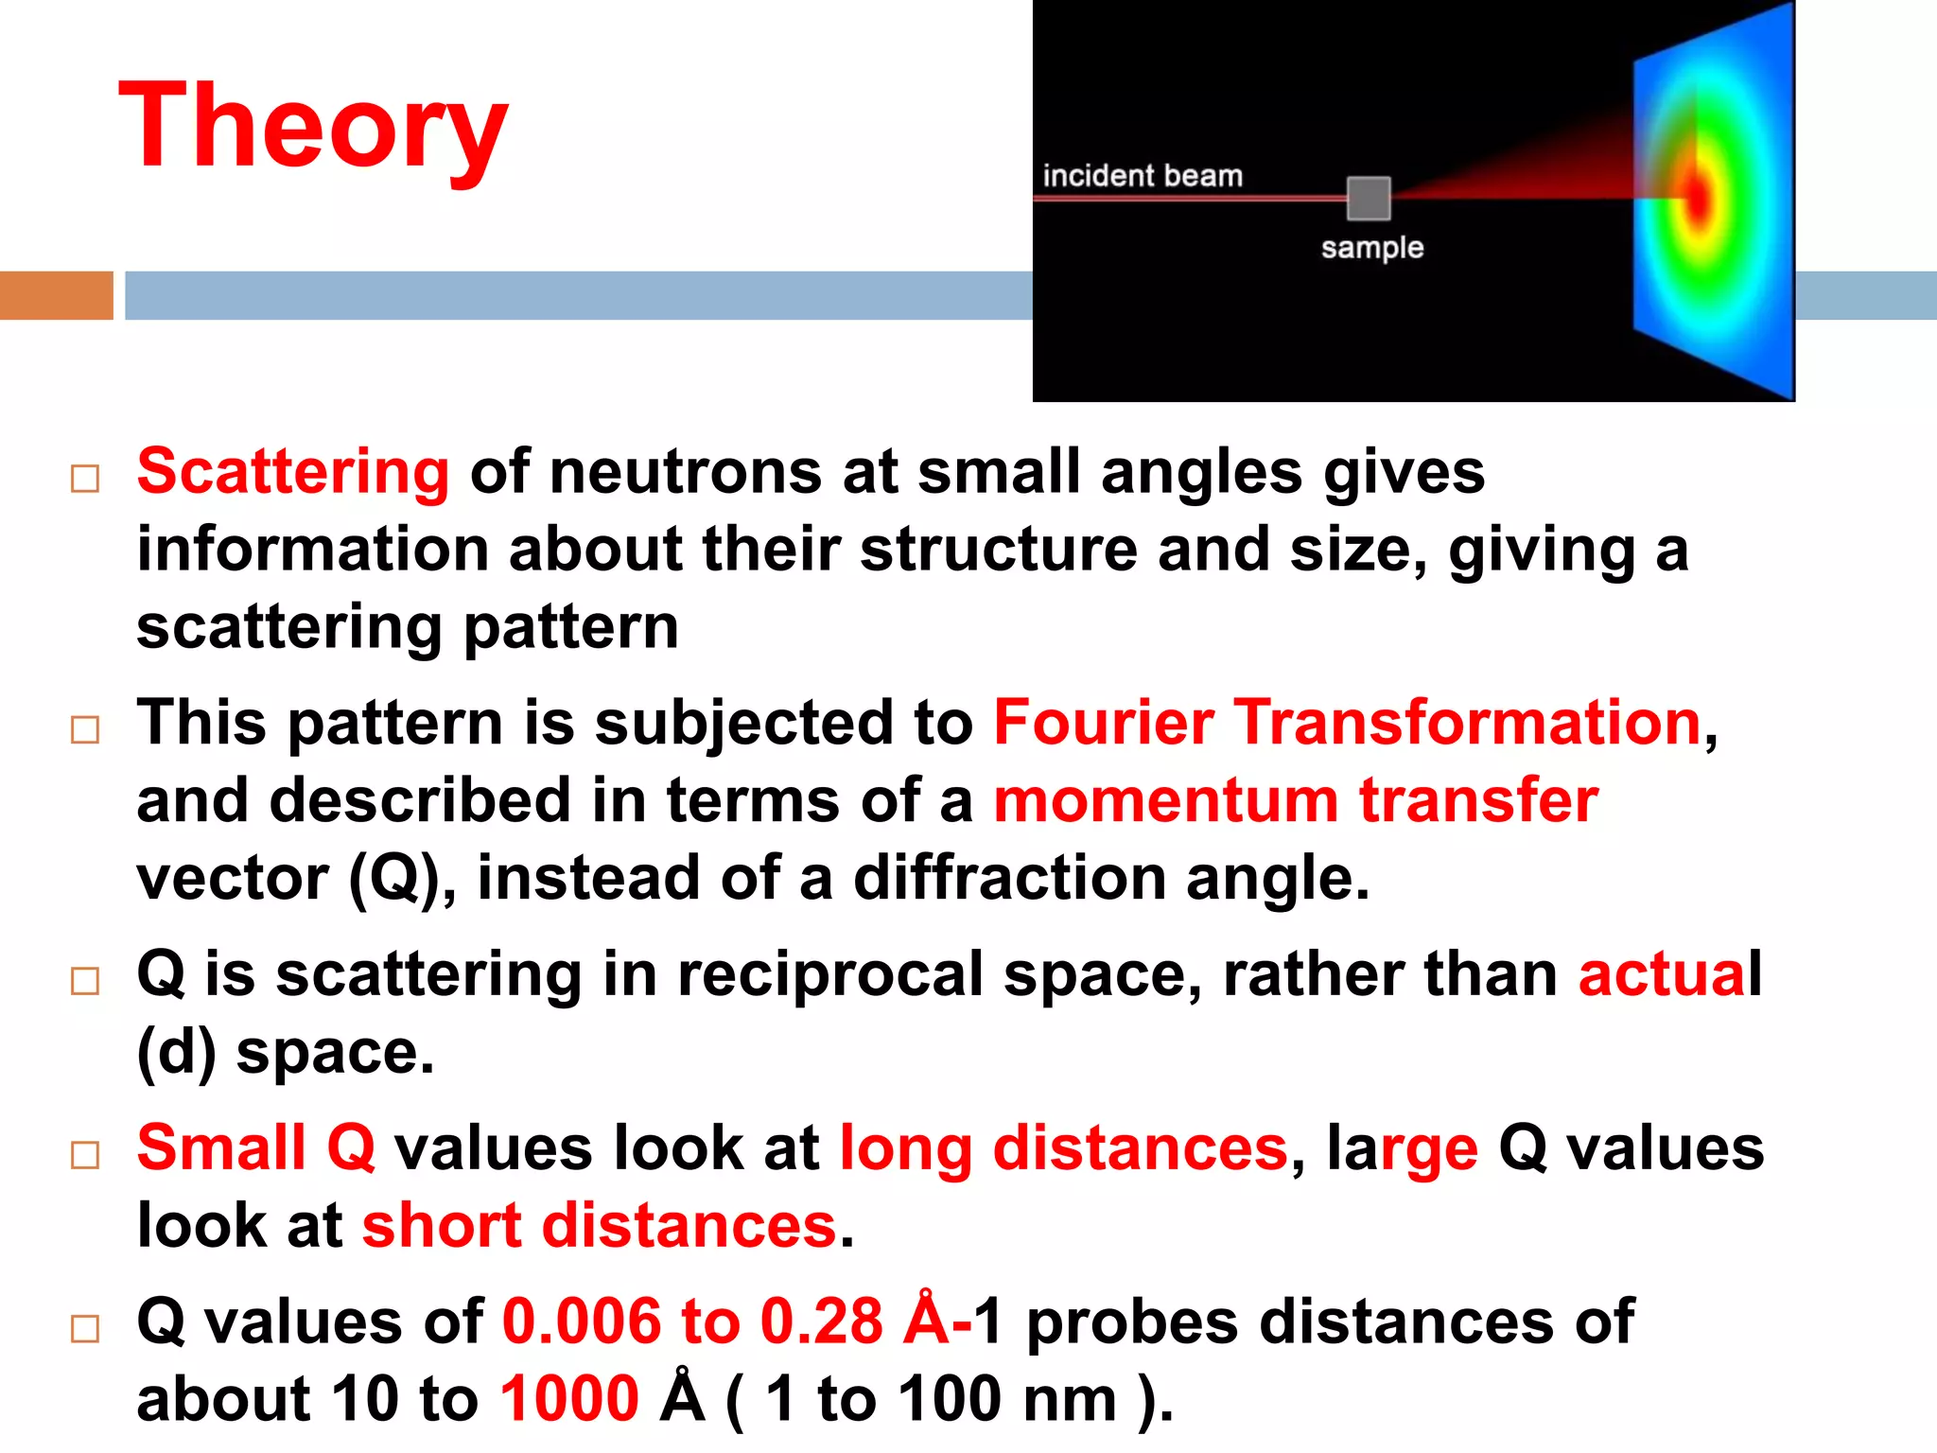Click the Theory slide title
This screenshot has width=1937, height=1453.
pyautogui.click(x=313, y=127)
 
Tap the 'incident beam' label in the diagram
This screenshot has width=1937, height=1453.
pyautogui.click(x=1142, y=176)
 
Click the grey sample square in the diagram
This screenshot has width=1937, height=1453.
pyautogui.click(x=1368, y=198)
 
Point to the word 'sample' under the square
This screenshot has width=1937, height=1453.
pyautogui.click(x=1371, y=248)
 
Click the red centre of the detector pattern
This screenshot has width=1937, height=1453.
pyautogui.click(x=1699, y=198)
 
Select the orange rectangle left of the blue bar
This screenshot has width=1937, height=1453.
pyautogui.click(x=56, y=295)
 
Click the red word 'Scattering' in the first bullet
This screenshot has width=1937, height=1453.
pyautogui.click(x=292, y=471)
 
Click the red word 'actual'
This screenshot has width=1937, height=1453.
pyautogui.click(x=1669, y=974)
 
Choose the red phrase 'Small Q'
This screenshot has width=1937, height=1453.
pyautogui.click(x=256, y=1148)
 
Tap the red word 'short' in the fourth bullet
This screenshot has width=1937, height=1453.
pyautogui.click(x=441, y=1226)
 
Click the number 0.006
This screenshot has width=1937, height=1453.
pyautogui.click(x=581, y=1322)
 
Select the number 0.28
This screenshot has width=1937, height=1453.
pyautogui.click(x=821, y=1322)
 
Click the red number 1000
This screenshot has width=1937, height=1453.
pyautogui.click(x=569, y=1399)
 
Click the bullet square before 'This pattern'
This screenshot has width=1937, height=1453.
pyautogui.click(x=85, y=729)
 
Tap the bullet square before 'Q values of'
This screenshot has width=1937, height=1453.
pyautogui.click(x=85, y=1328)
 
